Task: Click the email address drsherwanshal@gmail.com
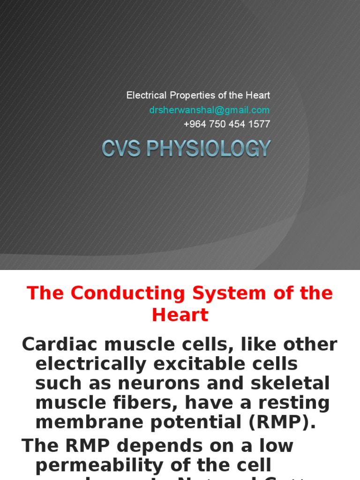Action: click(x=210, y=110)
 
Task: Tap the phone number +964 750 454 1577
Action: click(x=227, y=124)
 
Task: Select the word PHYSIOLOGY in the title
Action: click(x=208, y=149)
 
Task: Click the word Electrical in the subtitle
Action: click(x=146, y=96)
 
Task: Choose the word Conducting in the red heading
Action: click(x=122, y=293)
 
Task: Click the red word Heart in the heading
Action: click(x=180, y=315)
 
